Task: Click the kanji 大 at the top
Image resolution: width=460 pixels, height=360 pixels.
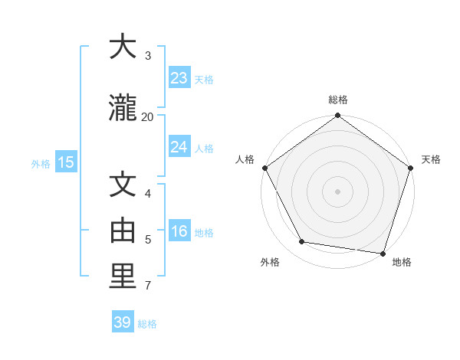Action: coord(123,47)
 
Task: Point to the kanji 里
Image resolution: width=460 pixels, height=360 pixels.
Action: coord(123,277)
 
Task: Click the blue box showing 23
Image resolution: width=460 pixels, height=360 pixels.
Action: coord(179,78)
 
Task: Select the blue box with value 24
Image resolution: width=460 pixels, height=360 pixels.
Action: coord(179,147)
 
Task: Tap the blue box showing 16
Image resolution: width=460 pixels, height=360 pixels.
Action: coord(179,232)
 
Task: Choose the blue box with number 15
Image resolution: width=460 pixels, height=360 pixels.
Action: coord(65,162)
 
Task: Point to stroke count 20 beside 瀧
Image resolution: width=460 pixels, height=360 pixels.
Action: coord(147,116)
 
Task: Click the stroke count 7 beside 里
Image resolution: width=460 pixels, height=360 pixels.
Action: coord(147,286)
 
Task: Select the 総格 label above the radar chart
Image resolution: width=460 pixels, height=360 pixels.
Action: coord(337,100)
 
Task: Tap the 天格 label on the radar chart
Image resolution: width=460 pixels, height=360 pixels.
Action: coord(431,159)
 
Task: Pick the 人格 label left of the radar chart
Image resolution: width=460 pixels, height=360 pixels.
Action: coord(245,159)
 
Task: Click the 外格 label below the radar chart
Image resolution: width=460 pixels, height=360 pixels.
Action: coord(270,262)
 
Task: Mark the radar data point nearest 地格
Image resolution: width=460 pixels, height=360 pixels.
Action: coord(383,253)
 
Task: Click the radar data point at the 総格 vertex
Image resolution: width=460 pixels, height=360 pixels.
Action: coord(337,116)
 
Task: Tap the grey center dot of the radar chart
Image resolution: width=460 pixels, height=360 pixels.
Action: coord(337,191)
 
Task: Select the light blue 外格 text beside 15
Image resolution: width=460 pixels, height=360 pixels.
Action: coord(41,163)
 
